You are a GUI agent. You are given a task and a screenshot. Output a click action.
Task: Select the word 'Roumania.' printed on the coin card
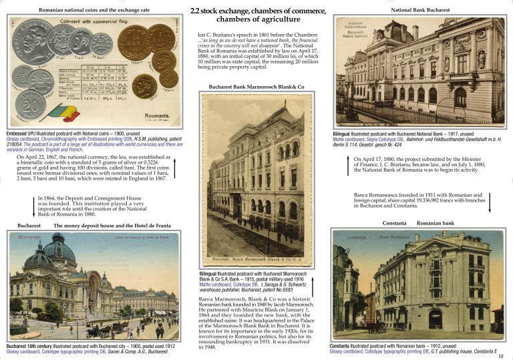coord(157,116)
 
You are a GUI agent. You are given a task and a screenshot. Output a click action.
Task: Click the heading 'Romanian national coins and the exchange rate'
coord(94,10)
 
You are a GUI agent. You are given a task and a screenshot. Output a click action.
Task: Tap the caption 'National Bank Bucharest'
coord(420,11)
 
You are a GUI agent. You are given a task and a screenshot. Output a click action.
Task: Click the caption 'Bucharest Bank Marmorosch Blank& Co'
coord(256,87)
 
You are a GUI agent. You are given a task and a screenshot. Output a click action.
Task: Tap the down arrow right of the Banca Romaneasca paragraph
coord(491,201)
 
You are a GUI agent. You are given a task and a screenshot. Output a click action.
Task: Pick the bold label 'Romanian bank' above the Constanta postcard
coord(435,222)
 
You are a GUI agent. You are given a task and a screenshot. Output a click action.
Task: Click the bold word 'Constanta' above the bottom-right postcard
coord(394,222)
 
